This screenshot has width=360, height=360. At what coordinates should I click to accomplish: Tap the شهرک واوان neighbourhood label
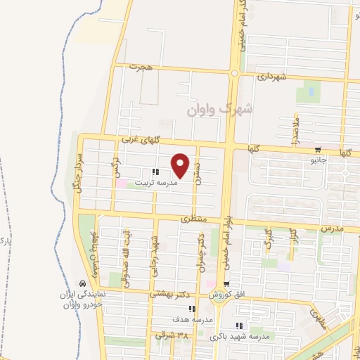pyautogui.click(x=219, y=110)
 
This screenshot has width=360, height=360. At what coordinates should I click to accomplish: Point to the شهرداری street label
pyautogui.click(x=271, y=75)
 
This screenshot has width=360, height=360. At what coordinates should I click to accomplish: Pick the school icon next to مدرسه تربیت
pyautogui.click(x=155, y=171)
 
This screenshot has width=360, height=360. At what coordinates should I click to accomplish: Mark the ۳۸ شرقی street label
pyautogui.click(x=172, y=335)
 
